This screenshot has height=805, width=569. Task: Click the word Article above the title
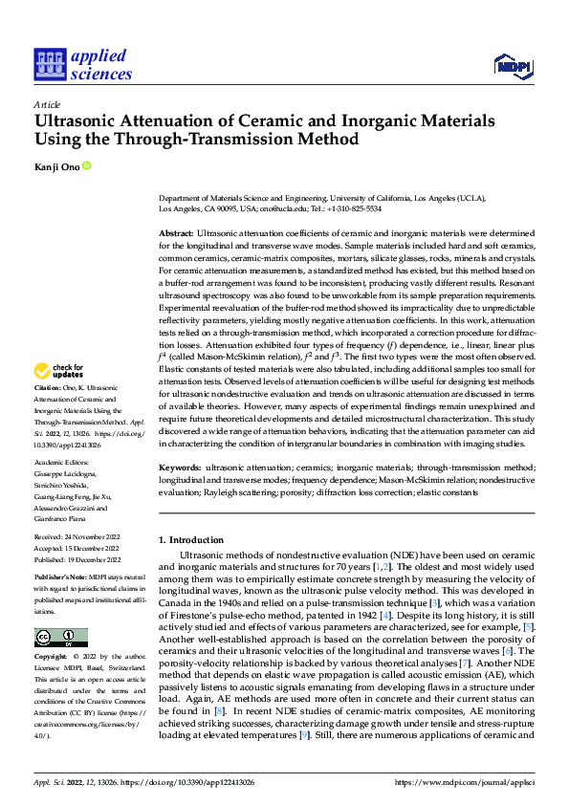click(x=47, y=104)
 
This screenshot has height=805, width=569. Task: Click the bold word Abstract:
click(x=176, y=233)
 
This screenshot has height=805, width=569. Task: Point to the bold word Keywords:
click(x=180, y=468)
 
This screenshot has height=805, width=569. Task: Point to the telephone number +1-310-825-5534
click(x=353, y=207)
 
